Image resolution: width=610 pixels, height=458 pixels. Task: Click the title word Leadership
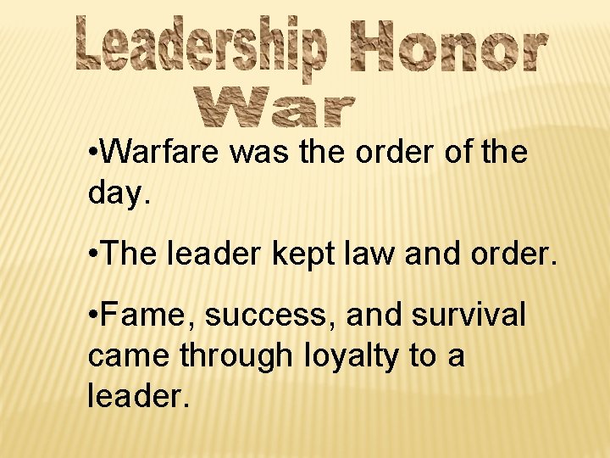click(202, 46)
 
